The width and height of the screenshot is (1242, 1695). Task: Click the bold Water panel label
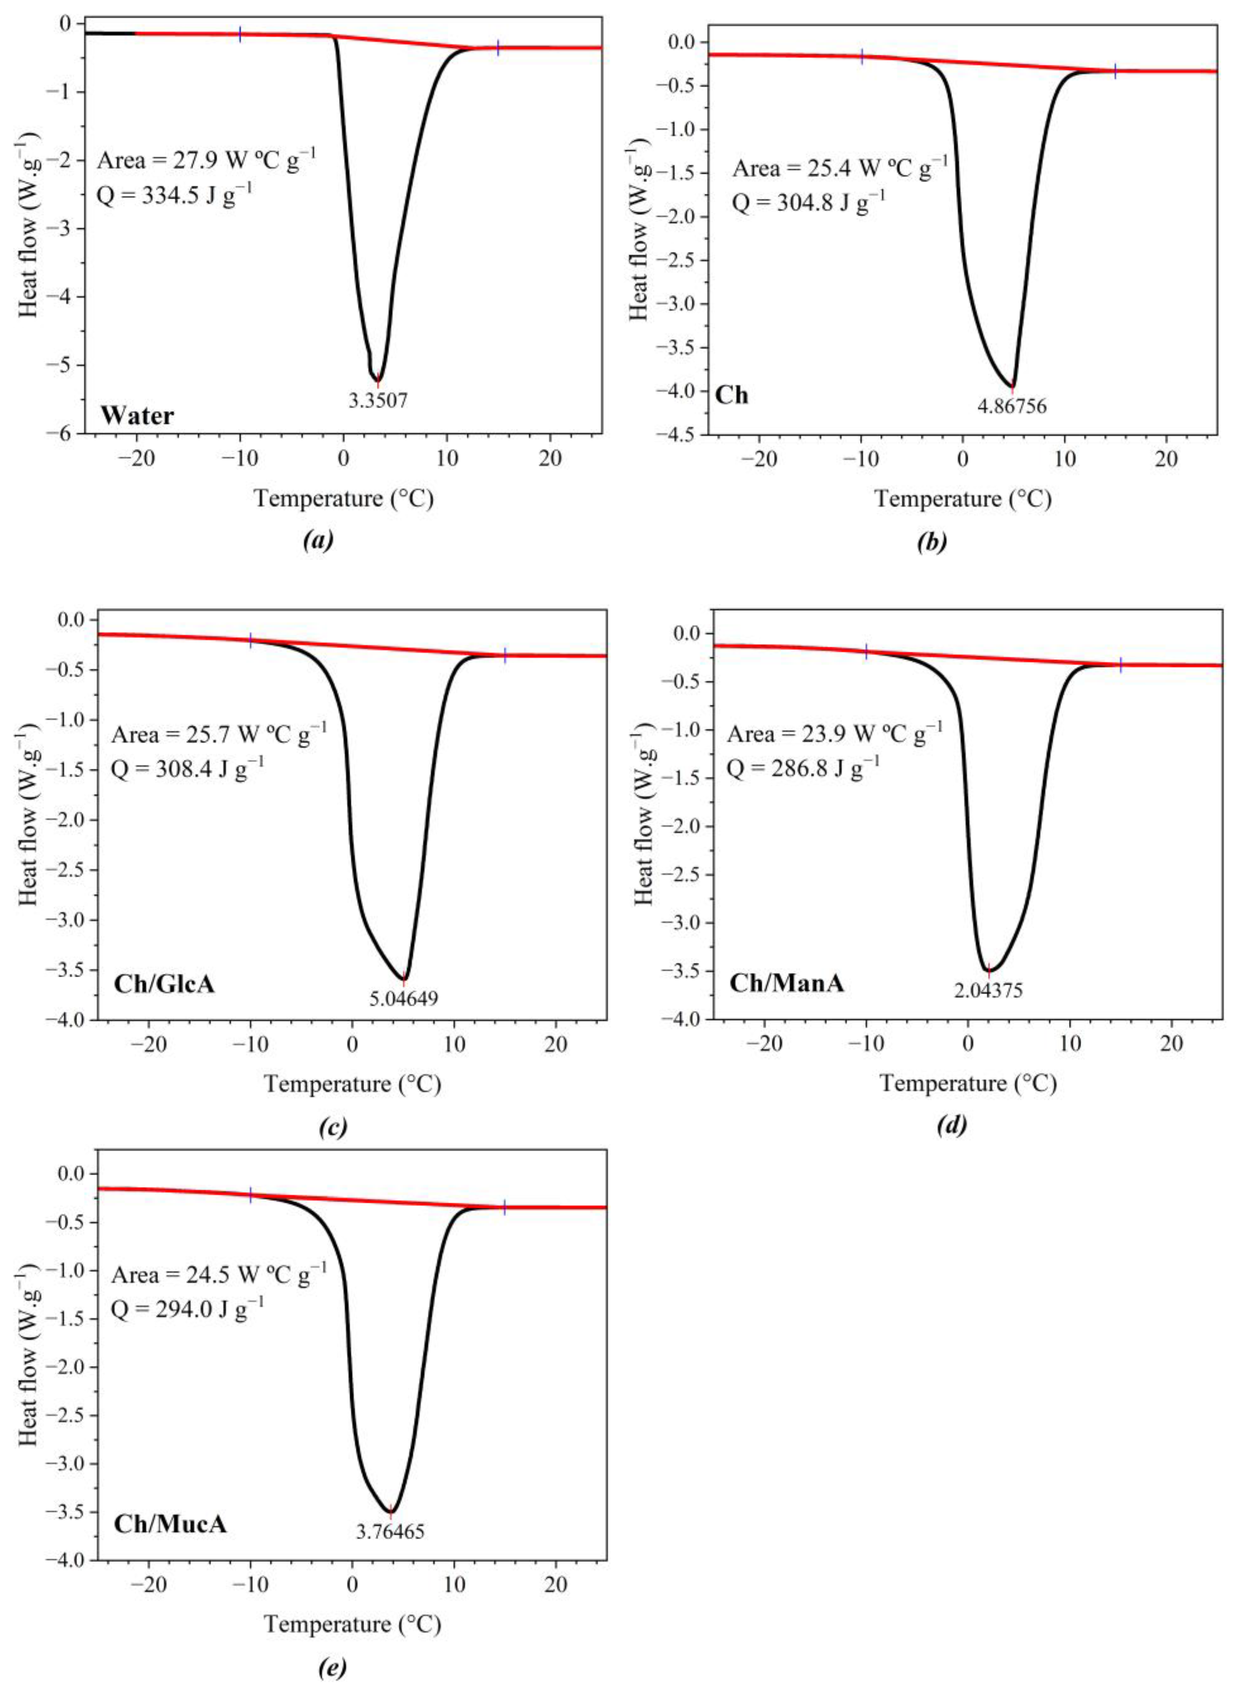tap(138, 415)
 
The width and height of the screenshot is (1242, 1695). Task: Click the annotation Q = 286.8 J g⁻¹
tap(803, 767)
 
